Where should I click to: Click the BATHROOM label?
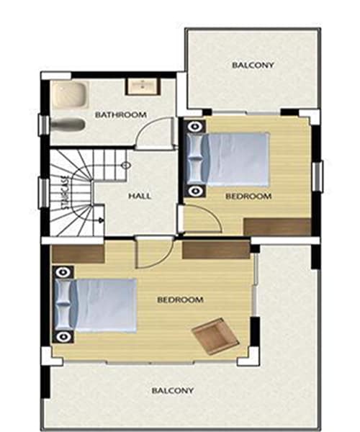tap(121, 114)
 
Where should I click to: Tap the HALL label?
tap(140, 196)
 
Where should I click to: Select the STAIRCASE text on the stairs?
tap(65, 192)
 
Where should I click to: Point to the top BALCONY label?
tap(253, 66)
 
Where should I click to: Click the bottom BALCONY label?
tap(173, 390)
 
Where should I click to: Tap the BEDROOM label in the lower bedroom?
tap(180, 300)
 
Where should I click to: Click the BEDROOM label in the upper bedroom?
tap(248, 196)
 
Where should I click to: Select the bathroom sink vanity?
tap(143, 86)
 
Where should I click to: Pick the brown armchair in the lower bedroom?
tap(215, 336)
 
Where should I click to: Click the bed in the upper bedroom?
tap(228, 159)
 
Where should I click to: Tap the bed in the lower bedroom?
tap(96, 305)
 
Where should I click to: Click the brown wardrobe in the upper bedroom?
tap(278, 227)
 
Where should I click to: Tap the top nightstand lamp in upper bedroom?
tap(195, 127)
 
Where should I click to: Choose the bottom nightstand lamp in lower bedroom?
tap(63, 336)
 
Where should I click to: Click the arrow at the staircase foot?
tap(102, 220)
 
